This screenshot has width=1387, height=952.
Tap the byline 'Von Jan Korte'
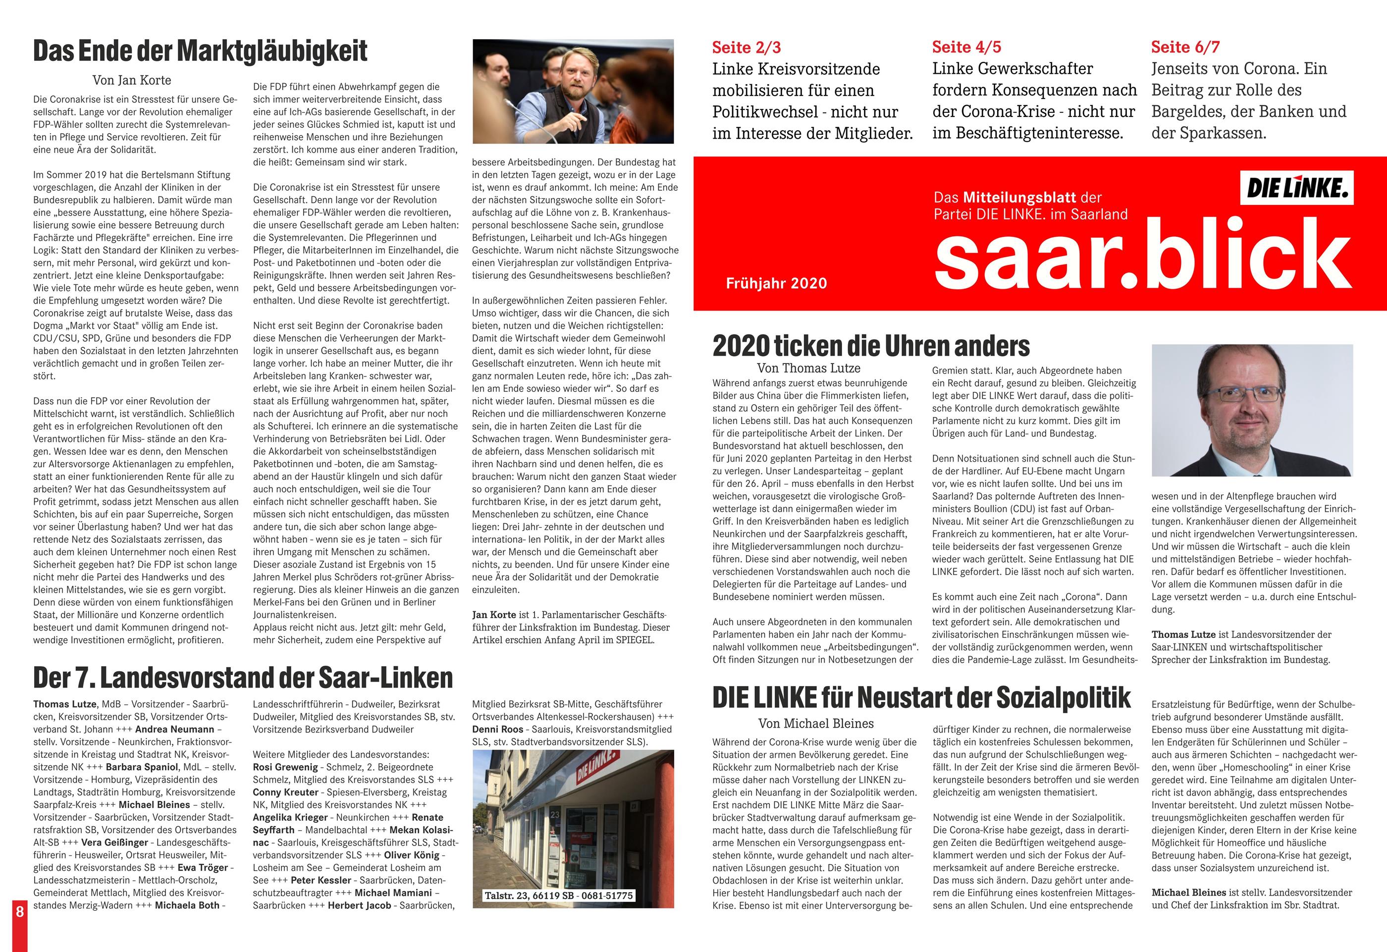[131, 80]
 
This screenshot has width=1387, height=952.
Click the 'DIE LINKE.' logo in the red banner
[1297, 189]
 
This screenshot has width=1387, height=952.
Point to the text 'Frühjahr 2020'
[776, 283]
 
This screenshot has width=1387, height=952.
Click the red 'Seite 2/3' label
[746, 47]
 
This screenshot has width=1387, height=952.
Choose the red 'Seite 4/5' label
[966, 47]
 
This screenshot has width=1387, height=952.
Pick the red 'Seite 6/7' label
[1185, 47]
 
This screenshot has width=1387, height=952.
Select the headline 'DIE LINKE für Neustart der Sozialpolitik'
[921, 697]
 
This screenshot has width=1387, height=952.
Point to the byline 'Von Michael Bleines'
[815, 723]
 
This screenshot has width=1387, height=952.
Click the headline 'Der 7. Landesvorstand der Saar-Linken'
[243, 678]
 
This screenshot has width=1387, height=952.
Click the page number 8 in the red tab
[20, 911]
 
